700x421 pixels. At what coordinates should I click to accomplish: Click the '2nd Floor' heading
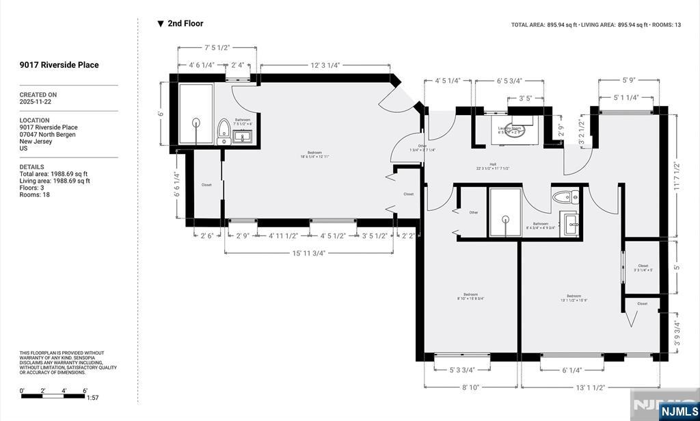click(185, 23)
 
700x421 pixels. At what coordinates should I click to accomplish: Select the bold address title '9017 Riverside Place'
click(59, 65)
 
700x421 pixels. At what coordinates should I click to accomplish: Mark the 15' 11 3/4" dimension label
click(308, 253)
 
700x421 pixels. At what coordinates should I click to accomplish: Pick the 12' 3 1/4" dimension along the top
click(325, 66)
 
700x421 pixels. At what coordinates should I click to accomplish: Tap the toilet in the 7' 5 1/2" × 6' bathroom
click(223, 129)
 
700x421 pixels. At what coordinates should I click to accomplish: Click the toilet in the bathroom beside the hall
click(563, 198)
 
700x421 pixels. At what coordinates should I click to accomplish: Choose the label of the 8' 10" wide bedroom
click(470, 296)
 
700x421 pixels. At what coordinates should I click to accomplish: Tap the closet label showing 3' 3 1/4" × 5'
click(643, 268)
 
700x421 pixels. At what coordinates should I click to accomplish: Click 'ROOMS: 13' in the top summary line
click(667, 25)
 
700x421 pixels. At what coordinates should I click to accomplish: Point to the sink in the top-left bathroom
click(242, 137)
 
